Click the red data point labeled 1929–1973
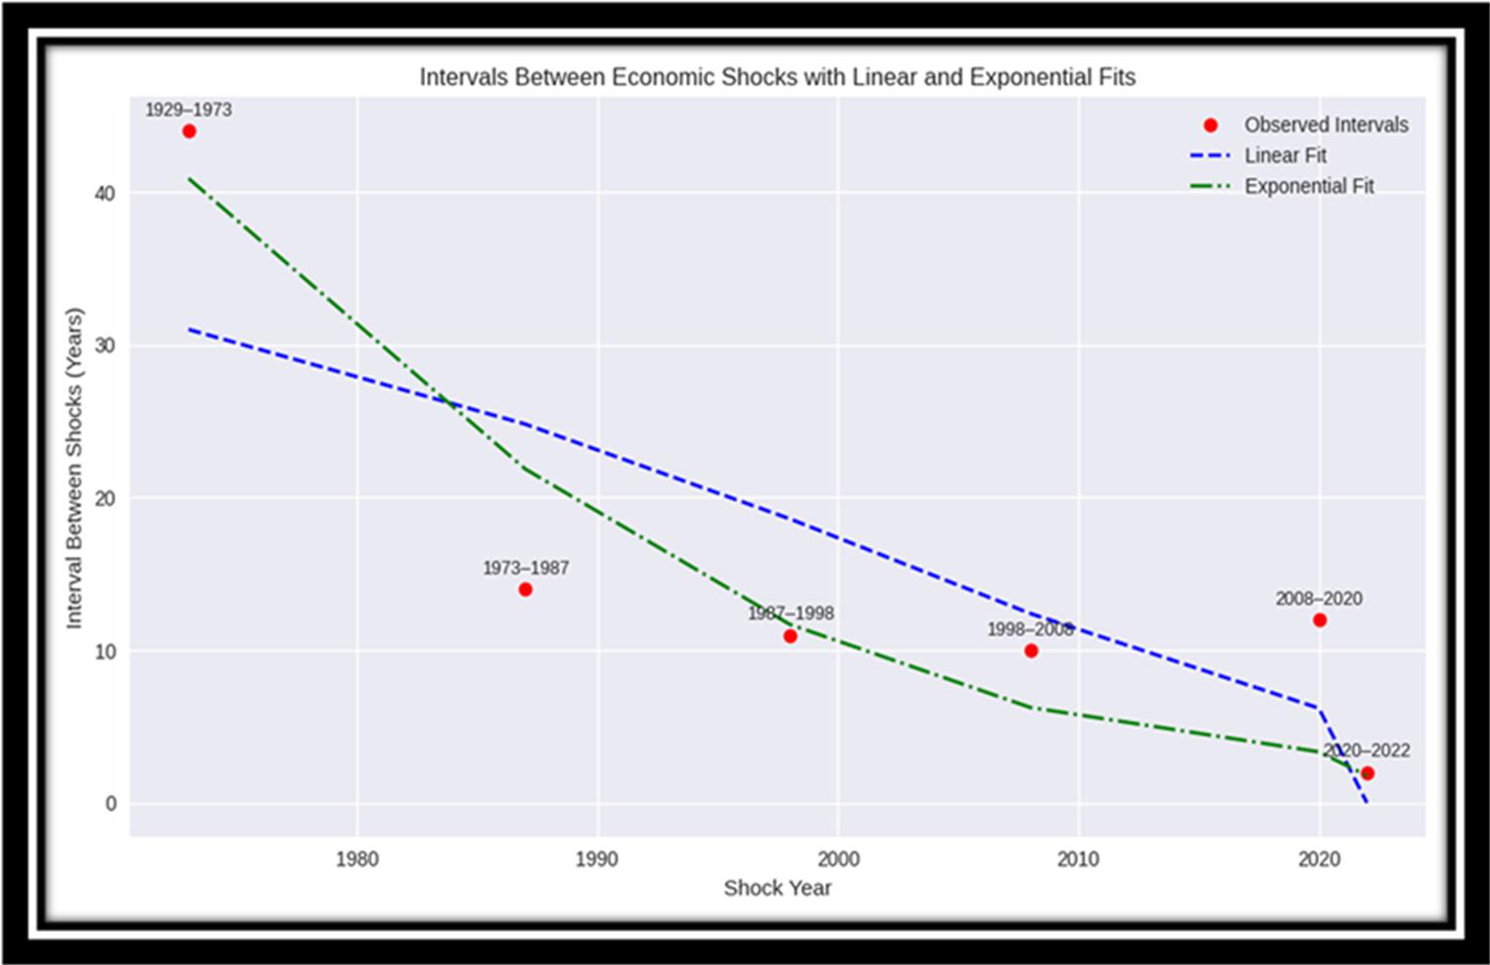coord(189,131)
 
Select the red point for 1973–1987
coord(526,589)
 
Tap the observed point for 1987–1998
coord(790,636)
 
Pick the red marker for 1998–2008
coord(1031,651)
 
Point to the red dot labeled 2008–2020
coord(1320,620)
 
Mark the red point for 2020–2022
coord(1368,773)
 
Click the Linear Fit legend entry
coord(1284,156)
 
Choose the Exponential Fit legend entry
coord(1309,186)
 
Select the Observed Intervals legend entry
coord(1326,125)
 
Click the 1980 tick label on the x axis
coord(356,859)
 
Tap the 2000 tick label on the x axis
coord(838,859)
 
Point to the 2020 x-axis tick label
coord(1319,859)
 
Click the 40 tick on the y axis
coord(105,194)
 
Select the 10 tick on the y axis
coord(105,651)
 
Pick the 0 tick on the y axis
coord(111,804)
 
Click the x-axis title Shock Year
coord(777,888)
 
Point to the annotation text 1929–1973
coord(188,110)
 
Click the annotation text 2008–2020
coord(1318,599)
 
